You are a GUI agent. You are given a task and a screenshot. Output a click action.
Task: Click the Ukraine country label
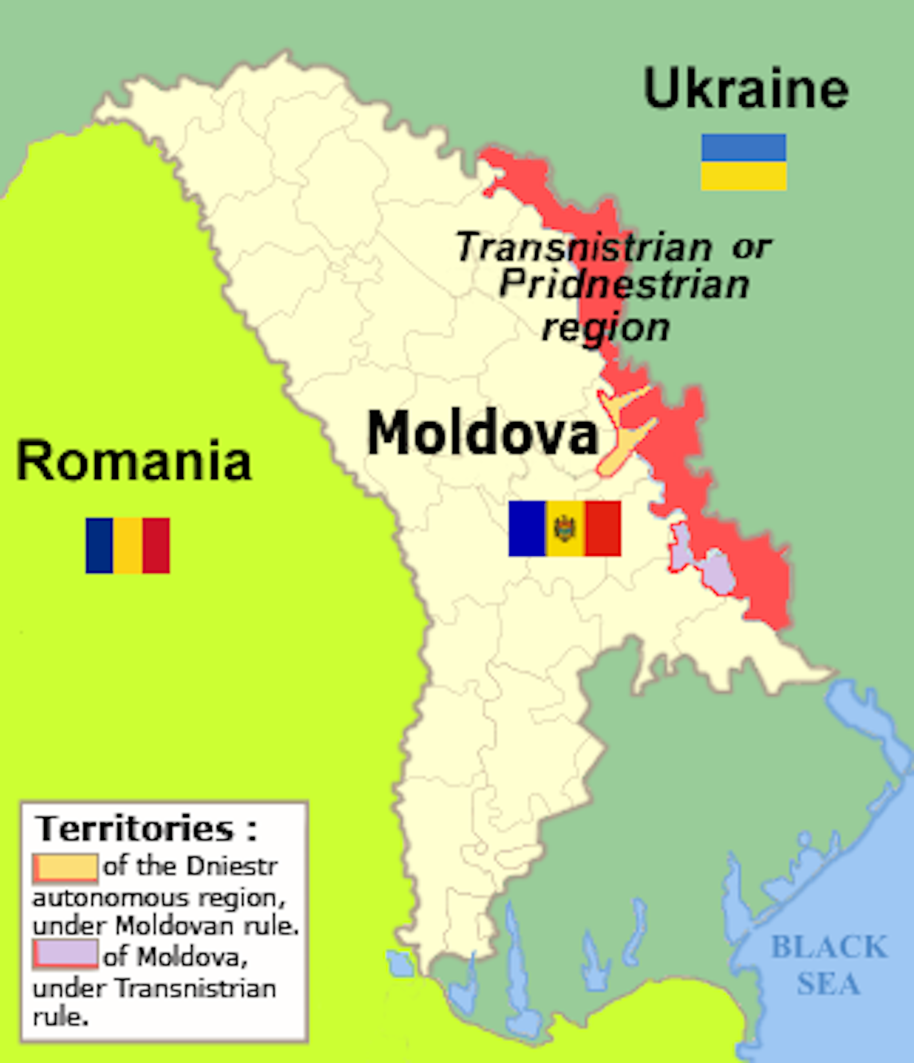pos(746,89)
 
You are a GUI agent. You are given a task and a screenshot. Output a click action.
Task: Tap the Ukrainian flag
pos(743,162)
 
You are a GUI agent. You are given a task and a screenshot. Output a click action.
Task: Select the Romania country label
pos(134,461)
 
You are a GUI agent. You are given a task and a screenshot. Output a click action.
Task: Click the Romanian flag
pos(128,545)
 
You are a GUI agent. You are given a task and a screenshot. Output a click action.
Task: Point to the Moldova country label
pos(483,434)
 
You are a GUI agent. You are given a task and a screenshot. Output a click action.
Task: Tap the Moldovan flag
pos(564,528)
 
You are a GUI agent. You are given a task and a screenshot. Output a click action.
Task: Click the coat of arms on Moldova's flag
pos(565,528)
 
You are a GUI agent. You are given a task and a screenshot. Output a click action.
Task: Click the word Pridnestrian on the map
pos(624,285)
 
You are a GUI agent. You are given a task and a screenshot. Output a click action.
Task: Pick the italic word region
pos(606,328)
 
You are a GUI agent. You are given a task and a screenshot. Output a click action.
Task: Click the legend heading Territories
pos(134,828)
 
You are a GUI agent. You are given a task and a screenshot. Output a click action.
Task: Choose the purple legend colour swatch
pos(65,954)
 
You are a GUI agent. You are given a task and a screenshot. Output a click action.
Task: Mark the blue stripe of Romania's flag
pos(99,545)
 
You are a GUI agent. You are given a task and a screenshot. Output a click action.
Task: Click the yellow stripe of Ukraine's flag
pos(743,176)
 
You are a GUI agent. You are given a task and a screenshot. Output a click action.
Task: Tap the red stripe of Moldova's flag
pos(603,528)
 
